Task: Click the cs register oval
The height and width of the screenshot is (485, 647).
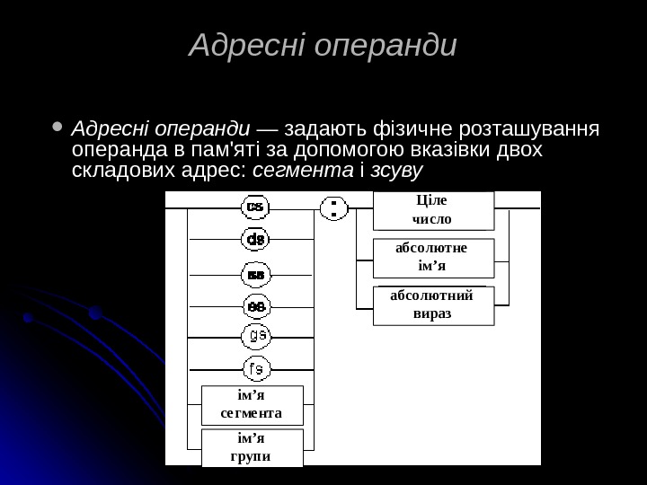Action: click(255, 207)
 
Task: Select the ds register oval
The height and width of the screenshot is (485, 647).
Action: click(255, 240)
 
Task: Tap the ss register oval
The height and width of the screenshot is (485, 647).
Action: click(255, 273)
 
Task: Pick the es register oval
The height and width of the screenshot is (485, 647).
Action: click(255, 305)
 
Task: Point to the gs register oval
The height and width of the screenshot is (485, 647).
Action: click(255, 336)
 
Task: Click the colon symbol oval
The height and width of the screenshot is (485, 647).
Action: click(333, 209)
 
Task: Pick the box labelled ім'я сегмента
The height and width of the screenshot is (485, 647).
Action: click(252, 404)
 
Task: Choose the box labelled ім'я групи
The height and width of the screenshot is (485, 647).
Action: click(252, 447)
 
